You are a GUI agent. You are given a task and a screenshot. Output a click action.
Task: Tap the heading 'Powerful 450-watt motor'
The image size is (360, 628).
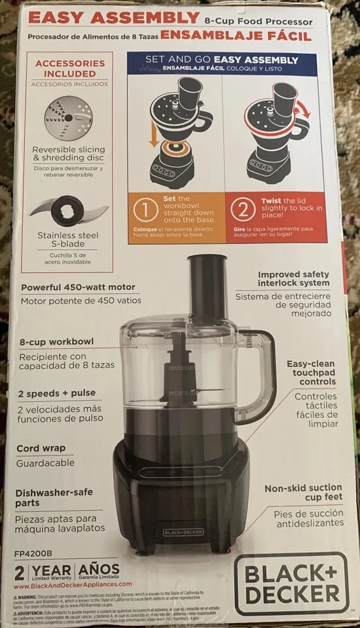point(78,287)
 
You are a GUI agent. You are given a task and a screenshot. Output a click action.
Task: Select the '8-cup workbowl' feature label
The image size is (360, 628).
point(56,341)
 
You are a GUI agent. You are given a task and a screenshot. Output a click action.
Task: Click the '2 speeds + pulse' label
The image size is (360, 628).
point(58,393)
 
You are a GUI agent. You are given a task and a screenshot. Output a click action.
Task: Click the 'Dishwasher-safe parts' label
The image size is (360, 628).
point(56,497)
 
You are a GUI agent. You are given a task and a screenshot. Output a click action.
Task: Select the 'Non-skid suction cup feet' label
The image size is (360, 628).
point(303,493)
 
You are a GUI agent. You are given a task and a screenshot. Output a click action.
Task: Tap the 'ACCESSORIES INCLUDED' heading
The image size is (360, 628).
point(70,69)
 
